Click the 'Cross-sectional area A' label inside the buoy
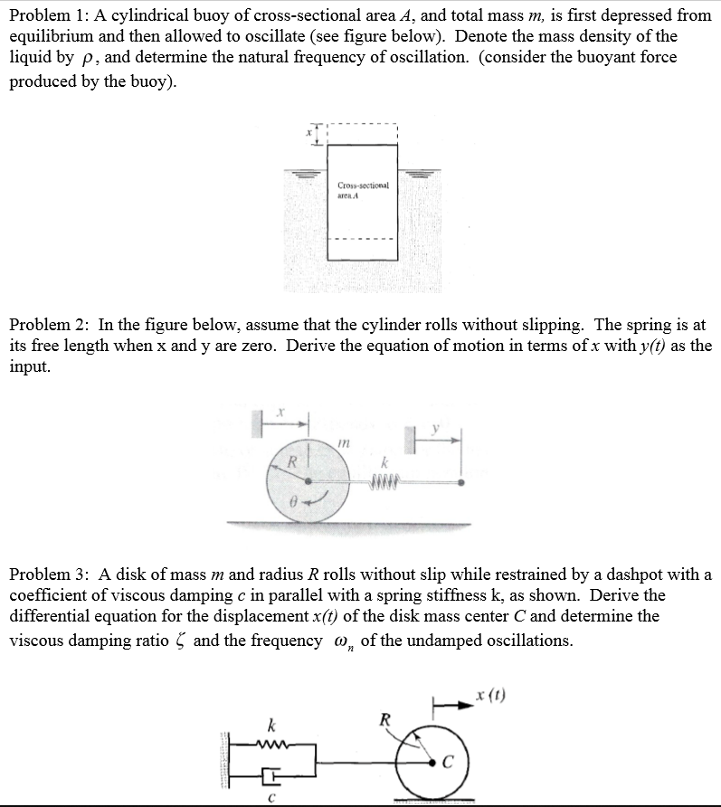[x=361, y=188]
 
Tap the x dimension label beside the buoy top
[x=308, y=132]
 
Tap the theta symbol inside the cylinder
[x=290, y=500]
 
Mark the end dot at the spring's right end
[x=461, y=481]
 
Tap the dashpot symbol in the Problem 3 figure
[x=269, y=774]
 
